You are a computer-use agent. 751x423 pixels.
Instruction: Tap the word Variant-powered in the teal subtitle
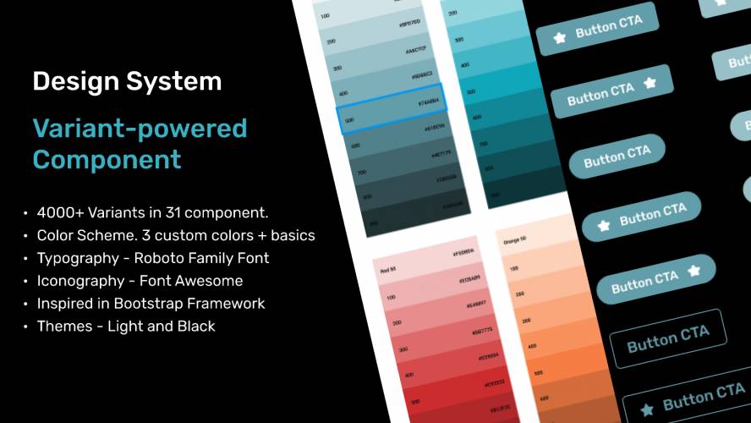140,129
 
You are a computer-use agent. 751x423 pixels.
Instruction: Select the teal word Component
107,159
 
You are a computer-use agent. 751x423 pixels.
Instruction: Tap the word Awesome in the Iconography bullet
211,281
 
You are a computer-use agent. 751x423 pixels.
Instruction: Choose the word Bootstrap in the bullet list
150,304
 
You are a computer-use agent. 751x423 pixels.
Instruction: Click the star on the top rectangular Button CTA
559,36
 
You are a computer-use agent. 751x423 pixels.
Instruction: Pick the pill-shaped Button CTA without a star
617,157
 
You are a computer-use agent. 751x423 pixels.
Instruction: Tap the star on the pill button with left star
604,225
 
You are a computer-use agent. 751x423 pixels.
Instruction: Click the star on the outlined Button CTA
648,409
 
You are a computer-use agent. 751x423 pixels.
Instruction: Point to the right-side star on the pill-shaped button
693,271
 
